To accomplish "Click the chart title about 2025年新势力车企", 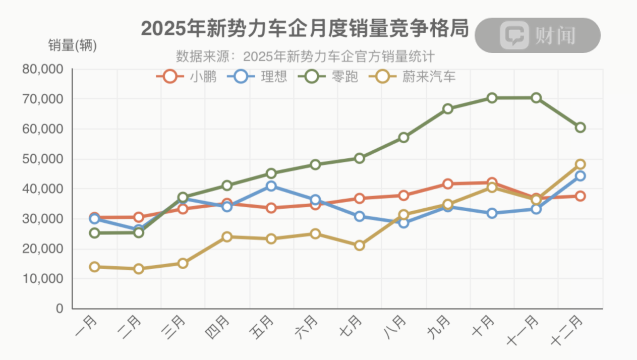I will tap(305, 29).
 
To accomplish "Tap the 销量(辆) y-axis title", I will tap(73, 45).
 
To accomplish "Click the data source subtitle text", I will tap(306, 55).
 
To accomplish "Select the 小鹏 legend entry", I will tap(187, 77).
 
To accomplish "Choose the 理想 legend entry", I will tap(257, 77).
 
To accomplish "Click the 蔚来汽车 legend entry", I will tap(413, 77).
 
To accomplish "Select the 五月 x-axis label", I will tap(262, 326).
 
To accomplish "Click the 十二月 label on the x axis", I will tap(568, 330).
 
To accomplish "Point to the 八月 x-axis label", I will tap(394, 326).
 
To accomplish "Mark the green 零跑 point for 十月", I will tap(492, 98).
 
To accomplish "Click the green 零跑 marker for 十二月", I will tap(580, 128).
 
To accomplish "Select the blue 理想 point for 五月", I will tap(271, 186).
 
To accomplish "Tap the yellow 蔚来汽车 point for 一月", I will tap(94, 267).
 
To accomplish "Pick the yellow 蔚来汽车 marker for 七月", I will tap(359, 246).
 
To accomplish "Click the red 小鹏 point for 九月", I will tap(447, 184).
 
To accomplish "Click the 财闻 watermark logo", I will tap(538, 35).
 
